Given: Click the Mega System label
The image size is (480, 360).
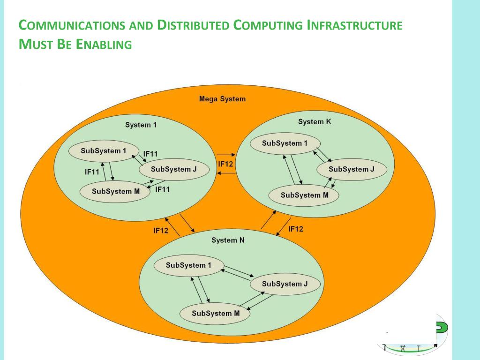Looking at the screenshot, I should point(222,99).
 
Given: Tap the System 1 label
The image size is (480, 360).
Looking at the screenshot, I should point(141,125).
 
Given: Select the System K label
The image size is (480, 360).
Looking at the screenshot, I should point(311,122).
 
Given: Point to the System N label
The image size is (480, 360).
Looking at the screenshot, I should point(228,240).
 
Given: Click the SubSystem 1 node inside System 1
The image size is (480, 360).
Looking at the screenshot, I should point(104,151).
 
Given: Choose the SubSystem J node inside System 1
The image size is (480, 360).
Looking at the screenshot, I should point(173,170).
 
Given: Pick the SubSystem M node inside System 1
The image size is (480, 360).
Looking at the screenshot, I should point(115,191).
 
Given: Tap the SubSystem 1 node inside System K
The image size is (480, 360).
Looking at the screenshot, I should point(285,143).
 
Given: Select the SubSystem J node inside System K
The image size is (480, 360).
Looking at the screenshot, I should point(352,169).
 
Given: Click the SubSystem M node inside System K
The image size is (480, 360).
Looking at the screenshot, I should point(304,195).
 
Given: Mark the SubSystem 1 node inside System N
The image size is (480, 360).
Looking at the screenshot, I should point(188,265).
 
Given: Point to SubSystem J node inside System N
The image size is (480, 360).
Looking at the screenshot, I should point(285,284).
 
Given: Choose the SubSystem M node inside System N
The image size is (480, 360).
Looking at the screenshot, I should point(215,313).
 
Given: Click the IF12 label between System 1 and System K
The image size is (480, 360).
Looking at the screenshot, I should point(225,164).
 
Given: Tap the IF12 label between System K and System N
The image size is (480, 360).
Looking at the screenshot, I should point(295,229).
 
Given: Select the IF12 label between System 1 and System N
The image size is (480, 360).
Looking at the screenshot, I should point(161,231).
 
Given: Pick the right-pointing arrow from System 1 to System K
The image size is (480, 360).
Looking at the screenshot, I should point(226,154).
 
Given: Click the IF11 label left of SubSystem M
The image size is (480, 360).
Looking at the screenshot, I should point(92,172).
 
